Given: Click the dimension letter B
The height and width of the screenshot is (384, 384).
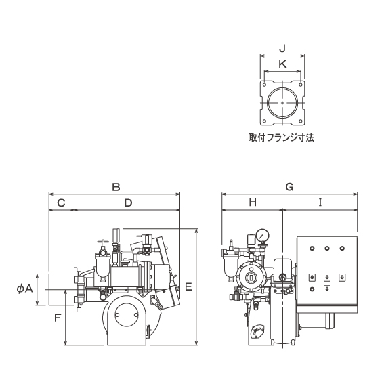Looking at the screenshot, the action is pos(116,187).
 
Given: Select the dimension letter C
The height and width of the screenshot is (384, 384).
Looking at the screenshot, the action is pos(61,202).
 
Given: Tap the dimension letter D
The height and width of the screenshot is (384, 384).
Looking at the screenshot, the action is pos(128,202).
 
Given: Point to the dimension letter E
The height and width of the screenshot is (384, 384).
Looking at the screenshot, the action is pos(188,287).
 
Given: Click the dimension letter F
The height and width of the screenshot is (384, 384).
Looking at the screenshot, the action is pos(58,318).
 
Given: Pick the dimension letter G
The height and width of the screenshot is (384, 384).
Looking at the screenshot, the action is pos(289,187).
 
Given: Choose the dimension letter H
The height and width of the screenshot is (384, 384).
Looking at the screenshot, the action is pos(253,202).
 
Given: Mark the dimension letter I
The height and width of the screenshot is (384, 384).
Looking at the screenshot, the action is pos(320,202).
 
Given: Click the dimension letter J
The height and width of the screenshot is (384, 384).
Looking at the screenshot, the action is pos(282,49).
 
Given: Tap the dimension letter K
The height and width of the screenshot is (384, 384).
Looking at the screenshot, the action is pos(282,64).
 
